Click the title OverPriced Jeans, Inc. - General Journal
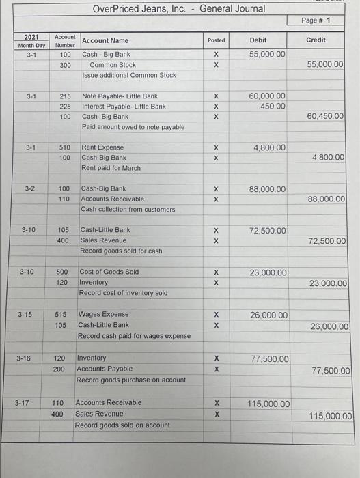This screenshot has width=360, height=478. tap(179, 9)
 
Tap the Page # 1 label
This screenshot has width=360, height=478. tap(316, 20)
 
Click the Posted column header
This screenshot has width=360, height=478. tap(216, 40)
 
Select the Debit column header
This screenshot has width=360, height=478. tap(258, 40)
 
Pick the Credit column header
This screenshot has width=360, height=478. tap(316, 40)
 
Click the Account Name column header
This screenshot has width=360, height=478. tap(105, 41)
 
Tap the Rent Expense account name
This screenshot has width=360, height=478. tap(102, 147)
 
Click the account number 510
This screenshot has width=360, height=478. tap(65, 147)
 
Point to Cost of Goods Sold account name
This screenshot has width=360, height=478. tap(109, 272)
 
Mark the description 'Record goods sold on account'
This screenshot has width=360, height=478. tap(122, 425)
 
